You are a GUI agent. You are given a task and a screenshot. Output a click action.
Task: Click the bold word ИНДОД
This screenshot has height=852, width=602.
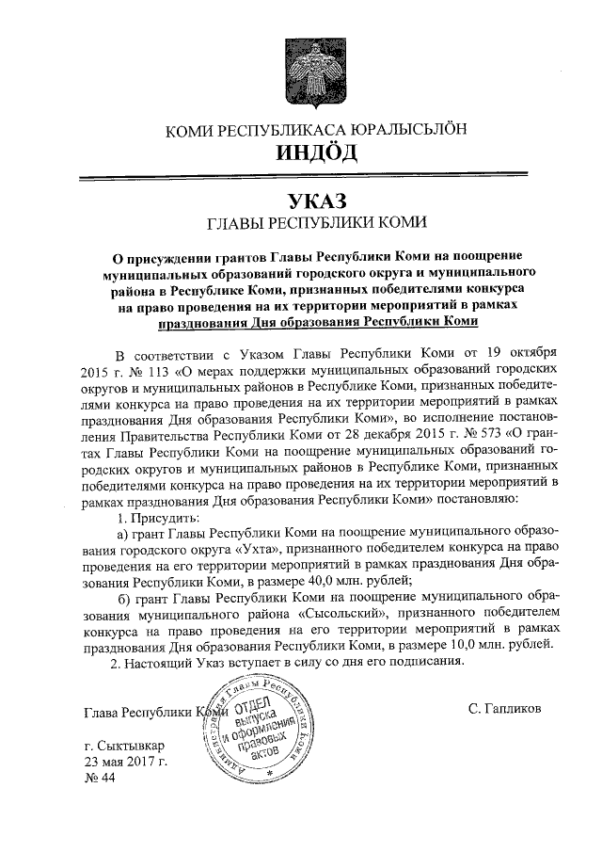tap(315, 153)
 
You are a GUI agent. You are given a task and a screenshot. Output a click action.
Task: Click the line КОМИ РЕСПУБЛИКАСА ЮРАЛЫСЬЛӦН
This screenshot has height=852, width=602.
tap(315, 129)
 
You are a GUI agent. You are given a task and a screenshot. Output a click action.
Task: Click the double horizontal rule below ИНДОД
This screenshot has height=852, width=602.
tap(315, 178)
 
